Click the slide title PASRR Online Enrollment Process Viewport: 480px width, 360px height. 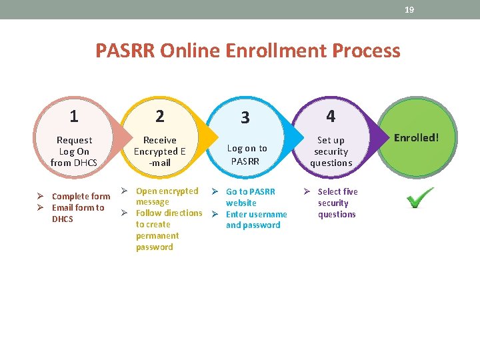click(x=247, y=51)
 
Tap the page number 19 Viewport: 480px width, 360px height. click(x=409, y=10)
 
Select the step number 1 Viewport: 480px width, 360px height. click(x=74, y=116)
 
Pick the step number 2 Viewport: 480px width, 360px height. click(x=160, y=116)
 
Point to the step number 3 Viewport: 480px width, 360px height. click(x=245, y=118)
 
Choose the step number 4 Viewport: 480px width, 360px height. click(x=331, y=116)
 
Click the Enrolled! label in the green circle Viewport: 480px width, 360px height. click(x=416, y=138)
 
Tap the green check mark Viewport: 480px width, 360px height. click(x=420, y=197)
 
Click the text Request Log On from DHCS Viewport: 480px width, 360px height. click(x=74, y=151)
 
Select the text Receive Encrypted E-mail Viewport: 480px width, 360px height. click(x=160, y=151)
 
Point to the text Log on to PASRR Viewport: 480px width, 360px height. click(x=247, y=155)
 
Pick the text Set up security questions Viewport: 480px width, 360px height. click(x=331, y=151)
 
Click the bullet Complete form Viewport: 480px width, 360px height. click(x=81, y=196)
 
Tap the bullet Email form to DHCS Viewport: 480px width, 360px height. click(x=78, y=213)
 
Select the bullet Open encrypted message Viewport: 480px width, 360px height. click(x=167, y=196)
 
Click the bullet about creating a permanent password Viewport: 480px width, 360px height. click(x=168, y=230)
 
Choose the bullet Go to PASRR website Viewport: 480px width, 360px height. click(x=250, y=197)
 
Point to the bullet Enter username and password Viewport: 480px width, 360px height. click(x=256, y=219)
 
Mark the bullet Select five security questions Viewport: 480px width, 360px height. click(x=337, y=203)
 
